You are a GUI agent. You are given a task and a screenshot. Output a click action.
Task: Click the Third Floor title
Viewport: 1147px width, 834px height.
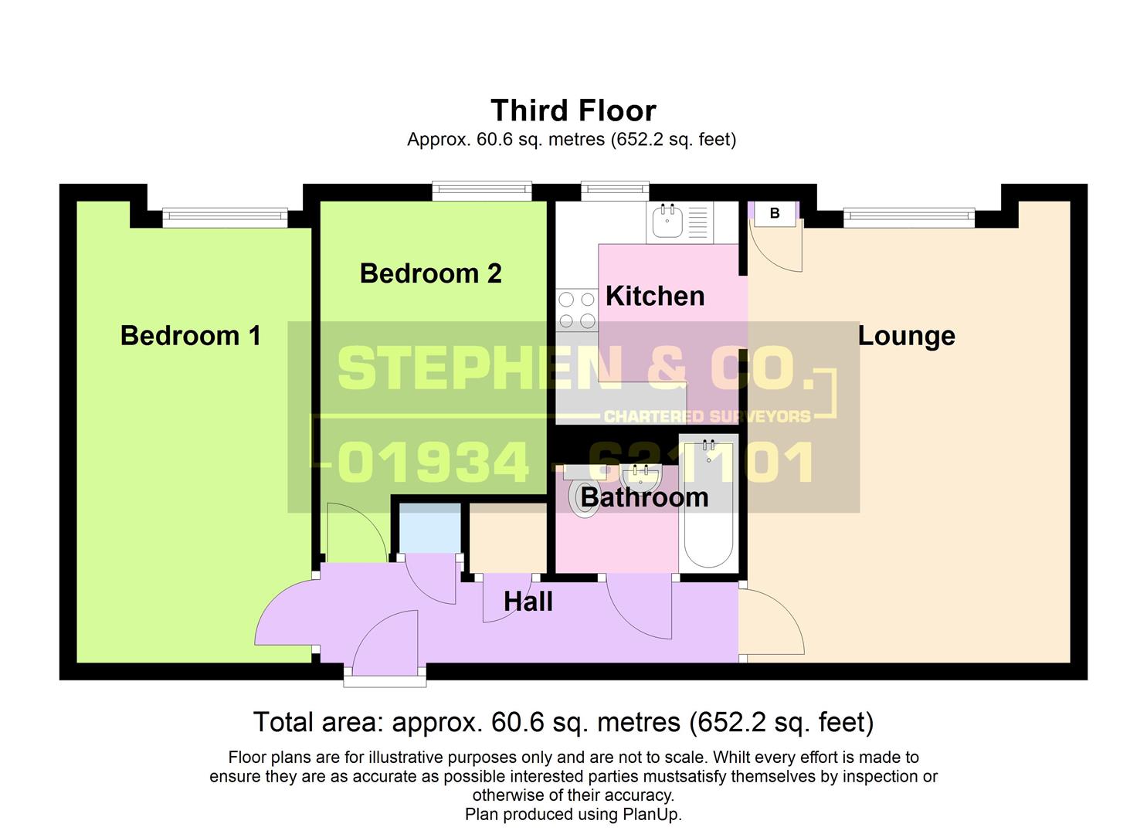tap(573, 110)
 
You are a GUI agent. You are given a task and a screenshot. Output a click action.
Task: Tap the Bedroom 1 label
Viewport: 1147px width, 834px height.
tap(190, 336)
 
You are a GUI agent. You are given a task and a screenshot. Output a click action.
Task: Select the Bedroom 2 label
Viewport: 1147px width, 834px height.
tap(430, 273)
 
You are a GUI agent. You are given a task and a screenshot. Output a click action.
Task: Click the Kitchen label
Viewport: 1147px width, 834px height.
tap(654, 296)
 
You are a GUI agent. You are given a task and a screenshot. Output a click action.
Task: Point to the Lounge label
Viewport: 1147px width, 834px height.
tap(906, 336)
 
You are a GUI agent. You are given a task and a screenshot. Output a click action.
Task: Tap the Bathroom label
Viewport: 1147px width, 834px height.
tap(643, 497)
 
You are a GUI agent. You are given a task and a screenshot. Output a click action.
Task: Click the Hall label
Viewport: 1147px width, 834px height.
tap(528, 602)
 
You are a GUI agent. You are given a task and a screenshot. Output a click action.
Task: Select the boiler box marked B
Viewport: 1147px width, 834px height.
tap(774, 214)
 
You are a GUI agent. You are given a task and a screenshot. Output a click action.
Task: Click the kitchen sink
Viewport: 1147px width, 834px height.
tap(667, 222)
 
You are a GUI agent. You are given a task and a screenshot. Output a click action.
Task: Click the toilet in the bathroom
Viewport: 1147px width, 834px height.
tap(583, 494)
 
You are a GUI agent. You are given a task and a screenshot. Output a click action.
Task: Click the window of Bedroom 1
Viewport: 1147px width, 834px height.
tap(225, 218)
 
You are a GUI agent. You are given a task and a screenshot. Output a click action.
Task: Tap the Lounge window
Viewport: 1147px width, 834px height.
tap(908, 218)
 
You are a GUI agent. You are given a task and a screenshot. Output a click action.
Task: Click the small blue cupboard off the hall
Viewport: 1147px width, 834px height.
tap(429, 529)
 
